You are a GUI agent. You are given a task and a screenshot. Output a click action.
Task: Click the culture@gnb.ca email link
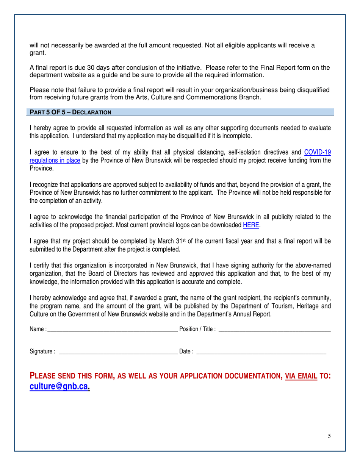(59, 386)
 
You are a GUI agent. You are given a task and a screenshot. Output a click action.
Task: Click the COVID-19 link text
(318, 152)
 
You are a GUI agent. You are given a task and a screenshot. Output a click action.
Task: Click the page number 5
(329, 436)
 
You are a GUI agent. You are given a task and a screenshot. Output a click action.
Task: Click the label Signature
(41, 352)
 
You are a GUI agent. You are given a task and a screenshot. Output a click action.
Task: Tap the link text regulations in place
(55, 160)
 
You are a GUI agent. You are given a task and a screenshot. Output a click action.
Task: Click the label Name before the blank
(37, 329)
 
